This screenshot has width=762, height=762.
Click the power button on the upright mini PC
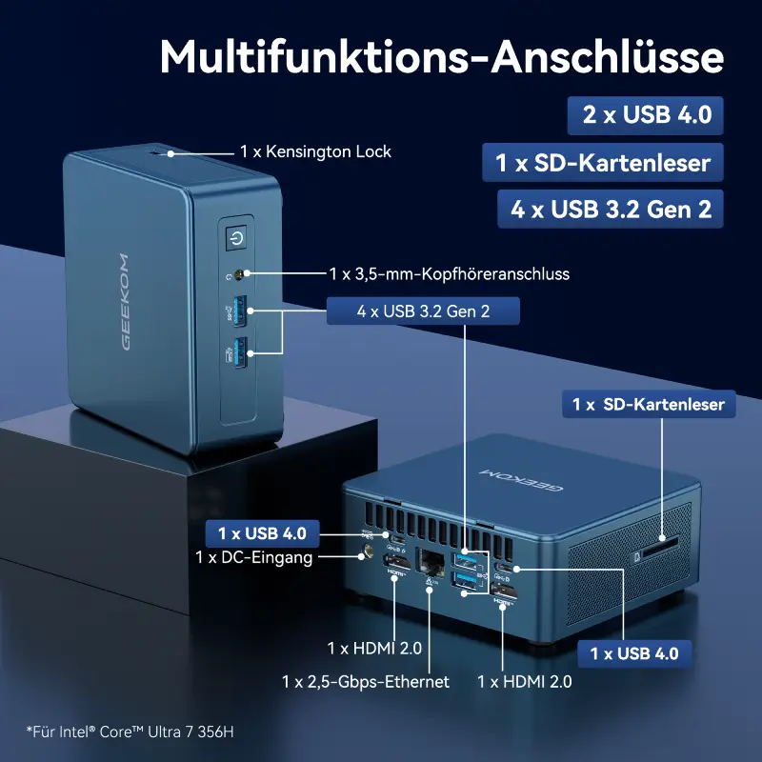point(236,238)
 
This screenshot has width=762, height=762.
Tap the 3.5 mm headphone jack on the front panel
point(239,275)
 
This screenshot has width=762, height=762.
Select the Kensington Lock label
point(315,151)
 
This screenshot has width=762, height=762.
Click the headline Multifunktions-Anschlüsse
point(442,56)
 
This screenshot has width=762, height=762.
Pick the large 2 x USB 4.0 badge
point(646,115)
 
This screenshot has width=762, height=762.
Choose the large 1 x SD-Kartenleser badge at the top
point(603,162)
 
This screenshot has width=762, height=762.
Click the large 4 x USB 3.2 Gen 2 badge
point(611,209)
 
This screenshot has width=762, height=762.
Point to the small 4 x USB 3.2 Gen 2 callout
point(423,311)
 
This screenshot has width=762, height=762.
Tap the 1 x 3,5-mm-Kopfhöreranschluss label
point(449,274)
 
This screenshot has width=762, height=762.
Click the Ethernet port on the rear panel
point(430,562)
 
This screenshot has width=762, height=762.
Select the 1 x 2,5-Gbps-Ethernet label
point(366,682)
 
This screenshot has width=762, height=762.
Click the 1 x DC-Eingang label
point(253,557)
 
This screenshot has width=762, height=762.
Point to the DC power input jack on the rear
point(368,552)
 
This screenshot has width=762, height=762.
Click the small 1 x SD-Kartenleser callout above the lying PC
point(649,404)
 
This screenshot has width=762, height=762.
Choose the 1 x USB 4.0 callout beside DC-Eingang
point(263,533)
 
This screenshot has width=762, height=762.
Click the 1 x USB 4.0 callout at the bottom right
point(634,653)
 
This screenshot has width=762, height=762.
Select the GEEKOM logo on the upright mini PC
point(126,301)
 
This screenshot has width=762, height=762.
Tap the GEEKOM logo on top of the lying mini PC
point(521,480)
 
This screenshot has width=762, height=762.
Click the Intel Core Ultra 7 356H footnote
point(130,732)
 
